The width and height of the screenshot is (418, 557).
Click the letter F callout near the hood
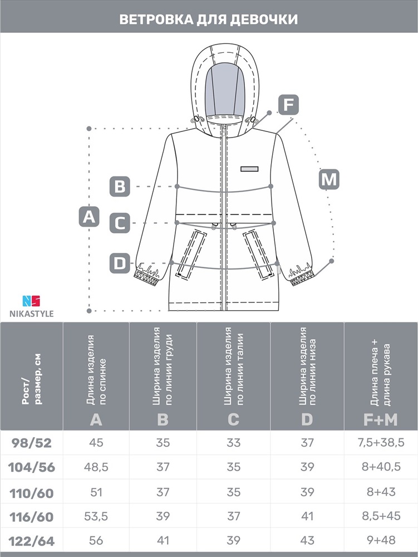pos(288,105)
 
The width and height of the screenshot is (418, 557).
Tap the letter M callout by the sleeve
pos(329,179)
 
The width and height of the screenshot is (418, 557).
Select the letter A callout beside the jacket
pos(88,216)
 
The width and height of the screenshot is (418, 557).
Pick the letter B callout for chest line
pos(120,187)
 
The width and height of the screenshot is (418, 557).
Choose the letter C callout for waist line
pos(120,223)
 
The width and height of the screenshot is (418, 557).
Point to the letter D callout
pos(120,263)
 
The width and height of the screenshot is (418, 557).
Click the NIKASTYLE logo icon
pos(31,301)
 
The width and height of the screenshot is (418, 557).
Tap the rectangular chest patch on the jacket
pos(249,169)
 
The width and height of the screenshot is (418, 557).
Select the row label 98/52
pos(32,443)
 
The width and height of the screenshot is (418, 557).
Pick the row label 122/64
pos(32,541)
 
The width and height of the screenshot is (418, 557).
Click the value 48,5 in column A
pos(96,467)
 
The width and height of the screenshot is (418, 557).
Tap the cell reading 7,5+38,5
pos(381,443)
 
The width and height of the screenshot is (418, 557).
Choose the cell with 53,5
pos(96,516)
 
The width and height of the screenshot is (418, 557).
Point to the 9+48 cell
pos(381,540)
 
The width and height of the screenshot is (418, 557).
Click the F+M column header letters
pos(380,420)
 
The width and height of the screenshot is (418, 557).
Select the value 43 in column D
pos(307,540)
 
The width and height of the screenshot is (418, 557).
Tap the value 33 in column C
pos(233,443)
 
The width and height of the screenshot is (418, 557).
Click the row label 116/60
pos(32,516)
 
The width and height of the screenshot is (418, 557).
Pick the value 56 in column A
pos(96,540)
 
